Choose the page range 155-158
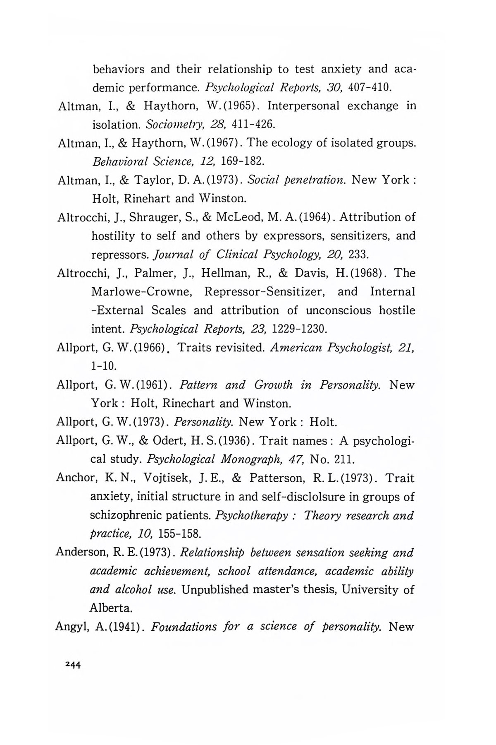(x=179, y=534)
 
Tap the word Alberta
(x=111, y=608)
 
